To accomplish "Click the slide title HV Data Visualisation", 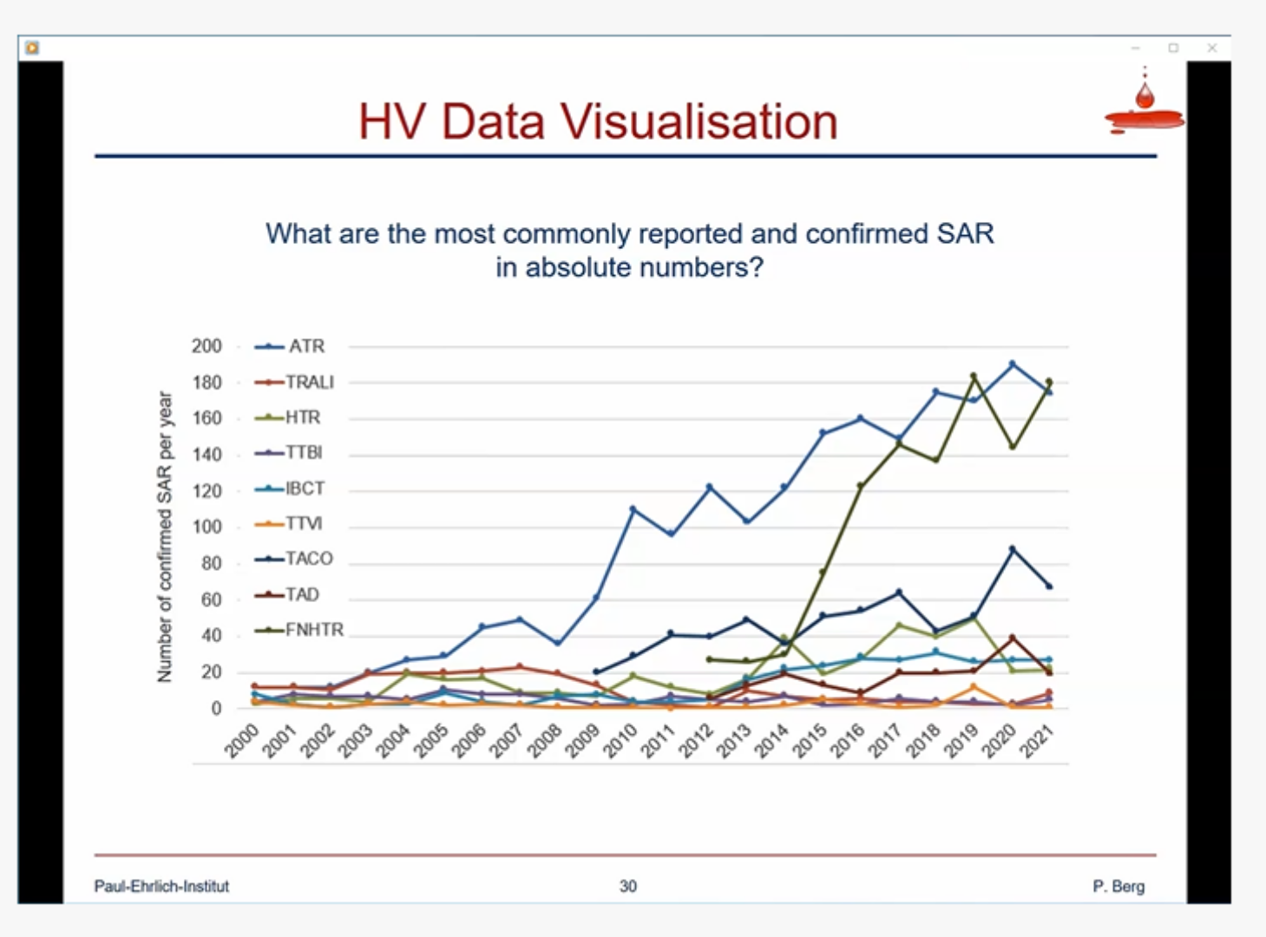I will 598,121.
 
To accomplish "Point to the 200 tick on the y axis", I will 207,346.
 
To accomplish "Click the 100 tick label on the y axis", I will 207,527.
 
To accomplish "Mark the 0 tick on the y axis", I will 216,708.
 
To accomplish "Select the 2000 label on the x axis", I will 242,741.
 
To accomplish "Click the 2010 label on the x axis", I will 620,741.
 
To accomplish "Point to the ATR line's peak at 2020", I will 1012,364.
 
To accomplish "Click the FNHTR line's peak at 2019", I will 974,376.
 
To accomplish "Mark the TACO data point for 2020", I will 1012,548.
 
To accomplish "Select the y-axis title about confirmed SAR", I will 164,536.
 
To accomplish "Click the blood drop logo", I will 1145,105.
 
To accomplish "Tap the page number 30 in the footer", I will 627,886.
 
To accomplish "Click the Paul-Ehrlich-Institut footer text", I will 161,886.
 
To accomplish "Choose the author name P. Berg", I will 1118,886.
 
